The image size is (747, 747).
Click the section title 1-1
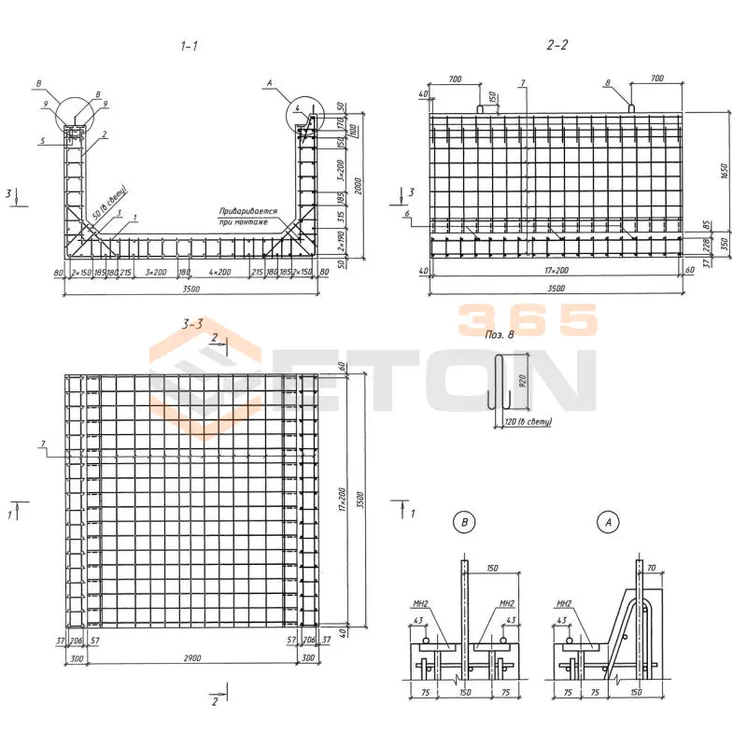(x=189, y=46)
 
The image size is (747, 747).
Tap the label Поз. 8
(x=501, y=332)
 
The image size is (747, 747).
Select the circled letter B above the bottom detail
(x=465, y=523)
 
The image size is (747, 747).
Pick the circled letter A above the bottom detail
(x=609, y=523)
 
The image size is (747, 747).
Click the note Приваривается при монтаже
(x=244, y=217)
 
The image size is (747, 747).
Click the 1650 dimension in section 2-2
(x=725, y=169)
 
